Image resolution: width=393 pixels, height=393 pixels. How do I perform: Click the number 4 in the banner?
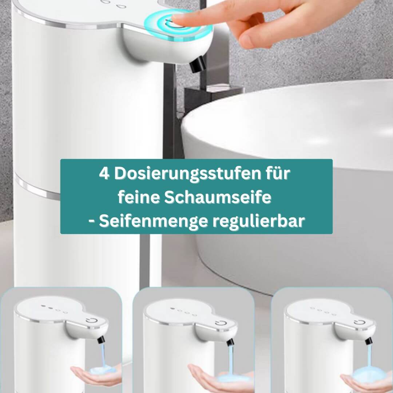[104, 173]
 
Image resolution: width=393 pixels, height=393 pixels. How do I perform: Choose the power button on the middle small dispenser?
[221, 323]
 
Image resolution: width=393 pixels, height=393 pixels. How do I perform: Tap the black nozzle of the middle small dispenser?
[230, 342]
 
